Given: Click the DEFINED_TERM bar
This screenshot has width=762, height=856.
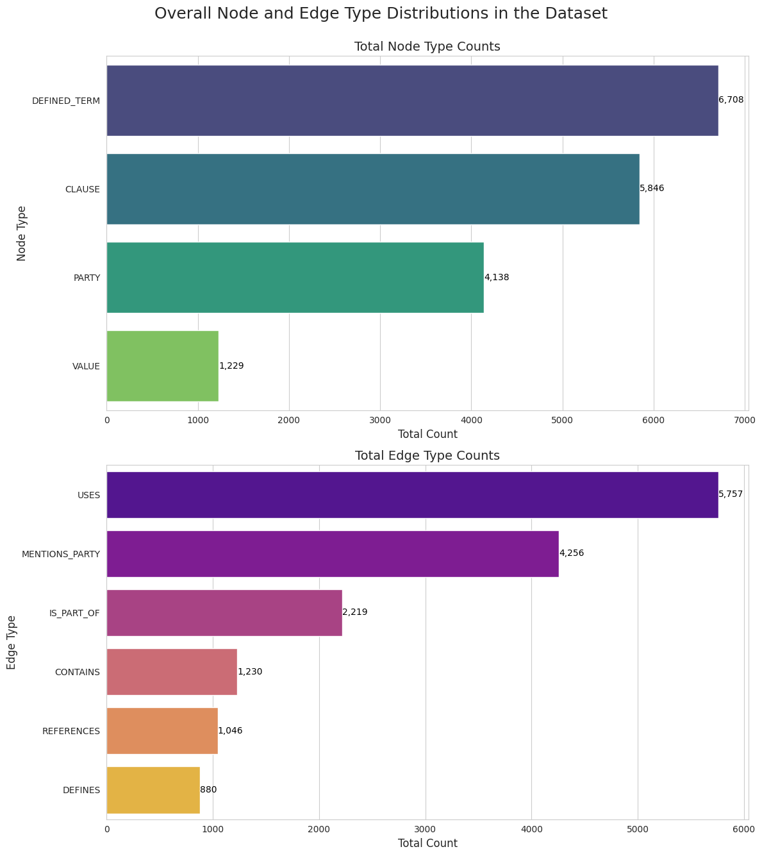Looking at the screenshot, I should coord(412,101).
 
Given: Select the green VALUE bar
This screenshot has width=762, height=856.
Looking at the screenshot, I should coord(163,366).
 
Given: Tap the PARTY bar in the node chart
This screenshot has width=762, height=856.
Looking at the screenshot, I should coord(295,278).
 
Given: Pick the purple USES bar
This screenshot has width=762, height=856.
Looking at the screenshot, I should coord(412,495).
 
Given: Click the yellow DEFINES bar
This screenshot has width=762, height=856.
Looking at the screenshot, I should coord(153,790).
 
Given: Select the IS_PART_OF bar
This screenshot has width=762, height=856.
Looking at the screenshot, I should coord(224,613).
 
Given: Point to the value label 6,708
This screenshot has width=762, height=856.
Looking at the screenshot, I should coord(731,100).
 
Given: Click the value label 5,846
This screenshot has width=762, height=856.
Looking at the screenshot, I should coord(652,189).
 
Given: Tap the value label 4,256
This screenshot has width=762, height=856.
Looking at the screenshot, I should coord(572,553).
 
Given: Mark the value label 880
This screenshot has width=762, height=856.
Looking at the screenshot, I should coord(208,790).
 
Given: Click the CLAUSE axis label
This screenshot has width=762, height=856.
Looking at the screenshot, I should coord(82,189).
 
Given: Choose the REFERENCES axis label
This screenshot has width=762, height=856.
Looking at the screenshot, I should coord(71,731).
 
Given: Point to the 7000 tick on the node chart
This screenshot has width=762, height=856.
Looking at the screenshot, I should coord(745,420).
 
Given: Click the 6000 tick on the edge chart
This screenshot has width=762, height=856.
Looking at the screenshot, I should coord(744,829).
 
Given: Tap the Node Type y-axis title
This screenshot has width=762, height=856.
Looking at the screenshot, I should coord(22,233).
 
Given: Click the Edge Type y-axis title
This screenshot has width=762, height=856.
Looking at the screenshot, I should coord(12,642).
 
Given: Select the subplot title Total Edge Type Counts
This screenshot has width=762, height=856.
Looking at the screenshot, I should coord(427,456).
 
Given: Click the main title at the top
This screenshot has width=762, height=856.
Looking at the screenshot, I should coord(381,13).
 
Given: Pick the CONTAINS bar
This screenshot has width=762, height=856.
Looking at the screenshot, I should coord(172,672).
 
